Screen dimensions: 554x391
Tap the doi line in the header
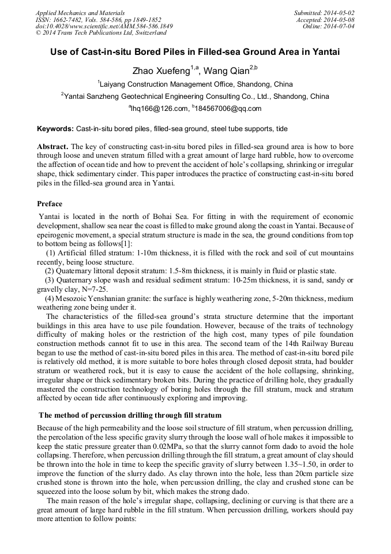pos(104,27)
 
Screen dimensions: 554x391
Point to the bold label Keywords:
pos(55,128)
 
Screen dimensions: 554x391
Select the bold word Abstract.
pos(53,147)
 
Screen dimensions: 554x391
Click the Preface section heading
pos(50,204)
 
